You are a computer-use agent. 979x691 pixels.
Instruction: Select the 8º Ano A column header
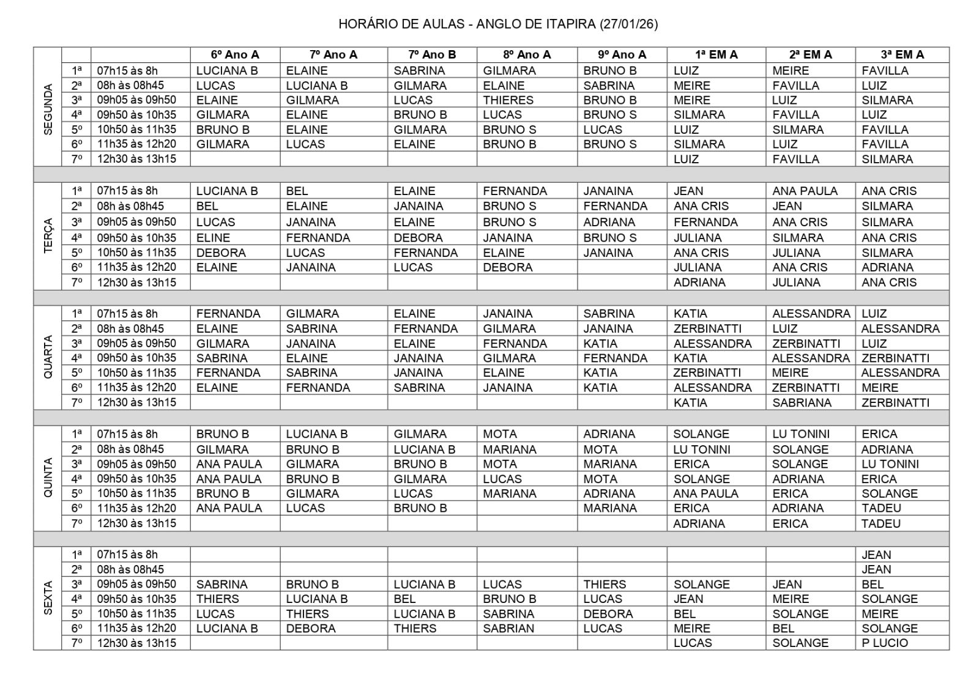coord(526,54)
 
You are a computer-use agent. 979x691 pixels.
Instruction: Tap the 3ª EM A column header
coord(902,54)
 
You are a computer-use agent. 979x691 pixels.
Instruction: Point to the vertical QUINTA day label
coord(48,478)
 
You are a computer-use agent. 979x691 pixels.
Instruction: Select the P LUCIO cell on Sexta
coord(884,643)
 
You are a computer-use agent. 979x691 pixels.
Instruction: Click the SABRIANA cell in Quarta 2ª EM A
coord(801,402)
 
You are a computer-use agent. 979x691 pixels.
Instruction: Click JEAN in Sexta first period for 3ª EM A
coord(876,555)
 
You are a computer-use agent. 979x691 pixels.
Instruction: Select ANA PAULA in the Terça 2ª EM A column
coord(804,191)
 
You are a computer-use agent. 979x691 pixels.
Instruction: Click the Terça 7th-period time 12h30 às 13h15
coord(136,282)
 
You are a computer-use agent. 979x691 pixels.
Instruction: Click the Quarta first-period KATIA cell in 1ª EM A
coord(690,313)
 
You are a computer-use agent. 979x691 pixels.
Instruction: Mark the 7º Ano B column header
coord(431,54)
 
